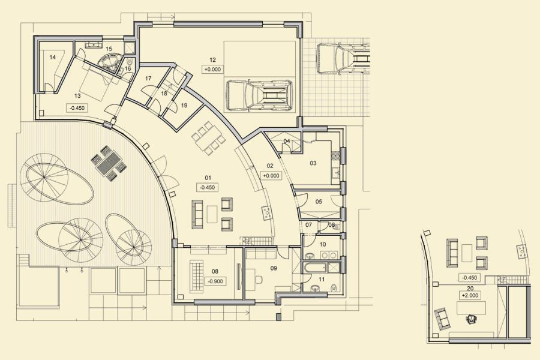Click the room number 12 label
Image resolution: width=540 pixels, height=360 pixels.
pyautogui.click(x=212, y=60)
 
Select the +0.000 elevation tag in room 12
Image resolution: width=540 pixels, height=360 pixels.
pyautogui.click(x=212, y=69)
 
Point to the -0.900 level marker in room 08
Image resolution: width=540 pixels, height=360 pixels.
pyautogui.click(x=215, y=281)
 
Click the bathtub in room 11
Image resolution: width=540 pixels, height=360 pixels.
pyautogui.click(x=315, y=268)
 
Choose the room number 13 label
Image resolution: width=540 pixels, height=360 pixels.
pyautogui.click(x=77, y=95)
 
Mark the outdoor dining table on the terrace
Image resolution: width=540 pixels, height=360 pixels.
pyautogui.click(x=107, y=163)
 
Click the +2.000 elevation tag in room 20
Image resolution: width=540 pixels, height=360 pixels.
pyautogui.click(x=470, y=296)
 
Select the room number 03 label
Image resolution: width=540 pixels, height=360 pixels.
pyautogui.click(x=313, y=163)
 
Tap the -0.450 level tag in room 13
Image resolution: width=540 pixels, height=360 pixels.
pyautogui.click(x=76, y=108)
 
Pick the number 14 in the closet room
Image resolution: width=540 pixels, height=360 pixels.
pyautogui.click(x=52, y=57)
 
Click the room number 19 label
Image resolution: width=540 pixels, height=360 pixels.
pyautogui.click(x=184, y=105)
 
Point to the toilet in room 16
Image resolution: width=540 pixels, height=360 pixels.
pyautogui.click(x=130, y=62)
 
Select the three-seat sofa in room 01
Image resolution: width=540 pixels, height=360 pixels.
pyautogui.click(x=197, y=214)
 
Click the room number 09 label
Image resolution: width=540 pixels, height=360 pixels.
pyautogui.click(x=274, y=268)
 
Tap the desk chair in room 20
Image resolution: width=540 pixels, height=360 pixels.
pyautogui.click(x=470, y=320)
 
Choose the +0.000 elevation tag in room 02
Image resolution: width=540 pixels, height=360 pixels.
pyautogui.click(x=271, y=176)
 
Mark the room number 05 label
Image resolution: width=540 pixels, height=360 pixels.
pyautogui.click(x=319, y=202)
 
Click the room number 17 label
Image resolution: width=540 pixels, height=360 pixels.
pyautogui.click(x=148, y=79)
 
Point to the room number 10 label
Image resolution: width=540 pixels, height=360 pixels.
pyautogui.click(x=323, y=245)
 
